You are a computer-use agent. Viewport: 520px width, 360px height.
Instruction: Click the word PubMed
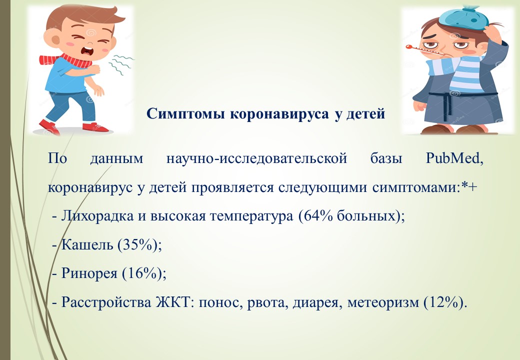point(453,158)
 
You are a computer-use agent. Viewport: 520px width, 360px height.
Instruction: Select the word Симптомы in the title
point(185,113)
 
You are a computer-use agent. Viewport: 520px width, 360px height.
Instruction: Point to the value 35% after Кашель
point(137,245)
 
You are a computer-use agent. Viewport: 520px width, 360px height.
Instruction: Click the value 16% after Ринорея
point(142,273)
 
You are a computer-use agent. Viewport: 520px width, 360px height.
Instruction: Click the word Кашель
point(87,245)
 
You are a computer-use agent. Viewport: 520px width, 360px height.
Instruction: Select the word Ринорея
point(89,274)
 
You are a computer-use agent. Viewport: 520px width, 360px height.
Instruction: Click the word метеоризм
point(383,303)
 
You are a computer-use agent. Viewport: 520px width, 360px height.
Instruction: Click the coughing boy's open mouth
point(89,51)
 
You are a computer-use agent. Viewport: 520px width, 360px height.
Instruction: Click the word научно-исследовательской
point(256,159)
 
